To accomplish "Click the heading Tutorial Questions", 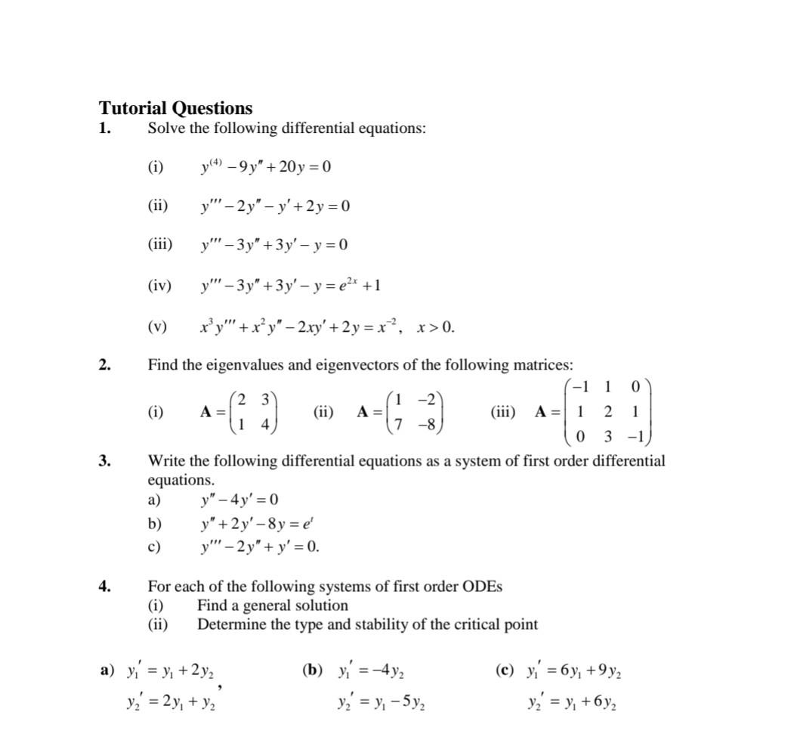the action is point(175,108).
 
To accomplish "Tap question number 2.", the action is point(105,365).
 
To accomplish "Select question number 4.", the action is point(105,586).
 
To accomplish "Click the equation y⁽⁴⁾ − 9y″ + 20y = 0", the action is point(265,166).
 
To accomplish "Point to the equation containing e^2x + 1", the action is point(291,285).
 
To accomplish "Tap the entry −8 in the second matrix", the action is point(428,425).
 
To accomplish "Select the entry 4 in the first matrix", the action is point(265,425).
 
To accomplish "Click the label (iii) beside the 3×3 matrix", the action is point(503,412).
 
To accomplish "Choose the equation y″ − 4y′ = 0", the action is point(239,500).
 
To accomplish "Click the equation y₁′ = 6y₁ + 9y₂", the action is point(575,670).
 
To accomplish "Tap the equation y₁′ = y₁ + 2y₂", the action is point(175,670).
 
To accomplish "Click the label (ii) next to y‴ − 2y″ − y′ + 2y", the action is point(157,206).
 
